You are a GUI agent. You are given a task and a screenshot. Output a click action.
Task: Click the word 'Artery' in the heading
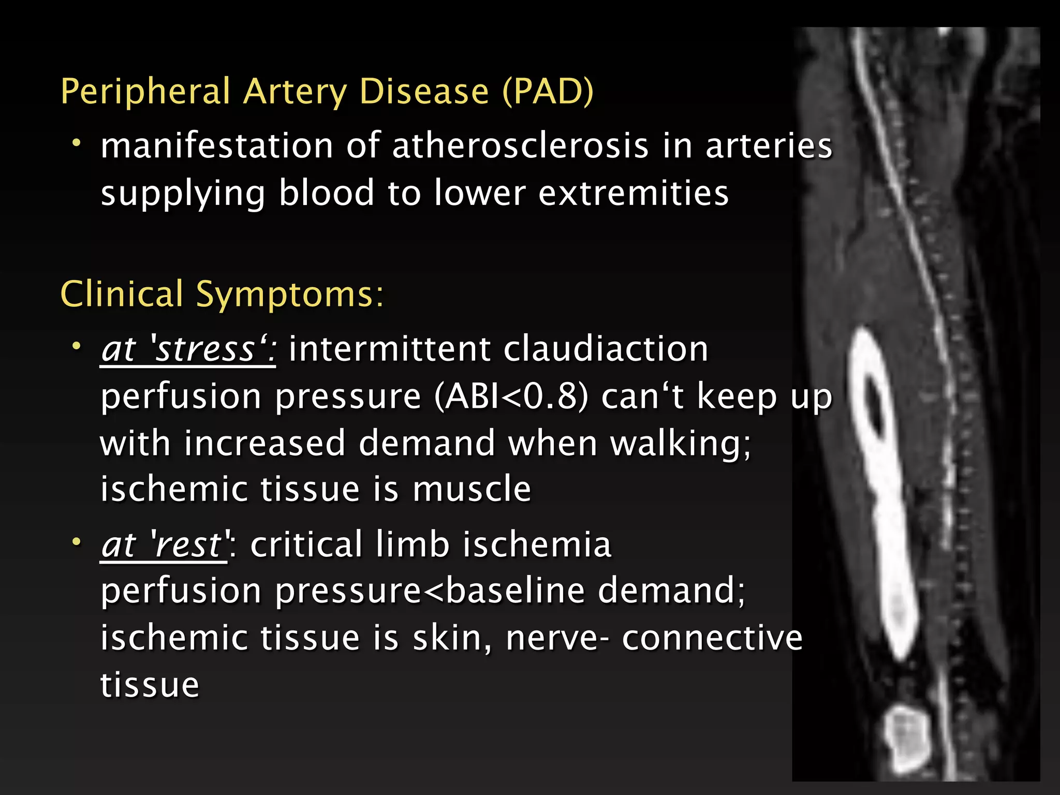(295, 92)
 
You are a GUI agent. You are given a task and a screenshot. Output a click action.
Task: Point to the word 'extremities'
(634, 193)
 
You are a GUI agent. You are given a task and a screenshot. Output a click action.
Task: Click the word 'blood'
(326, 193)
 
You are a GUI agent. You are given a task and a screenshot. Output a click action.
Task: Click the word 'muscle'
(472, 489)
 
